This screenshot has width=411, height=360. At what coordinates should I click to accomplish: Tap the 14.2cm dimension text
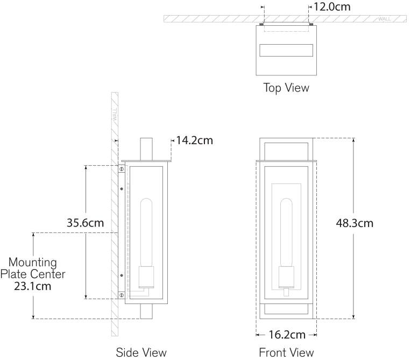coord(195,141)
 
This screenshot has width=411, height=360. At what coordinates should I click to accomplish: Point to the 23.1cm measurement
coord(33,286)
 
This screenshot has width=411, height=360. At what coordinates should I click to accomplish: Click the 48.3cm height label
coord(354,223)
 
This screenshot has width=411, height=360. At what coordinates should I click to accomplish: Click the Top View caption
coord(286,88)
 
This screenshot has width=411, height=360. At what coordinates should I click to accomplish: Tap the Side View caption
coord(141,352)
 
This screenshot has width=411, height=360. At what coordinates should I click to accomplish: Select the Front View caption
coord(286,352)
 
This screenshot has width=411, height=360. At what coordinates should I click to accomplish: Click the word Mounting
coord(33,263)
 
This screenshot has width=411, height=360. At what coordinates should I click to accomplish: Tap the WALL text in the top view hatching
coord(385,19)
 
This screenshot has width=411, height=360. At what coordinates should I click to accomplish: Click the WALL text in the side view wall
coord(114,114)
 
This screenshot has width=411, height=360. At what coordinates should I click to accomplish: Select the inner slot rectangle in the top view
coord(286,51)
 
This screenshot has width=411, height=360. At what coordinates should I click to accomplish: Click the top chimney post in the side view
coord(146,149)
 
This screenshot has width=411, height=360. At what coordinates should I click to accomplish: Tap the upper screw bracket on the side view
coord(122,169)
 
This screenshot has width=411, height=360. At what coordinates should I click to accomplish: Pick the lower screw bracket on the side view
coord(122,295)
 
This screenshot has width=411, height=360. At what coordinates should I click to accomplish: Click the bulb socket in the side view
coord(146,277)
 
